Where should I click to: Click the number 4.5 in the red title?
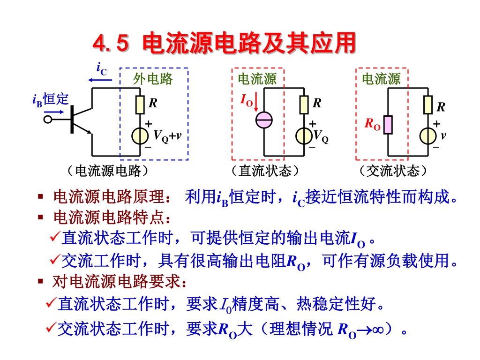coord(111,43)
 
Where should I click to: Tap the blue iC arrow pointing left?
coord(100,80)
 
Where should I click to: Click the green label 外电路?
coord(153,79)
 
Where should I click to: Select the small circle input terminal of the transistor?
coord(48,119)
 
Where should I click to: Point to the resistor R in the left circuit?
coord(140,105)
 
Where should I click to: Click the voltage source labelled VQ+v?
coord(140,136)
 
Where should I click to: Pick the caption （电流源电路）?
coord(108,171)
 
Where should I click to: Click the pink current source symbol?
coord(264,120)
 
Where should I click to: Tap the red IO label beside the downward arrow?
coord(247,100)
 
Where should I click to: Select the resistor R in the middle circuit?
coord(304,105)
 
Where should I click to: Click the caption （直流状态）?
coord(265,171)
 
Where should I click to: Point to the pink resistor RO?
coord(388,125)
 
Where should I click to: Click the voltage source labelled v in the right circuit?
coord(428,136)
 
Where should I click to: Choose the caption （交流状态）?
coord(393,171)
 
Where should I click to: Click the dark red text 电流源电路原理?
coord(109,197)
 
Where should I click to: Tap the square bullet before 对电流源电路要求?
coord(40,281)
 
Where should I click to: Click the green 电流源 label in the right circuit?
coord(381,79)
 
